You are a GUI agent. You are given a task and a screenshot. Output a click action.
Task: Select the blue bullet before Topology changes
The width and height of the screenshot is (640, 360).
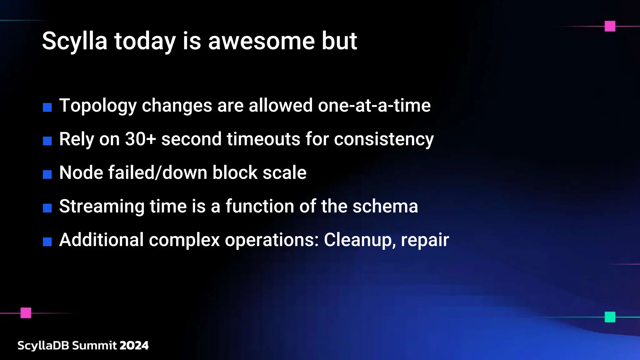click(47, 107)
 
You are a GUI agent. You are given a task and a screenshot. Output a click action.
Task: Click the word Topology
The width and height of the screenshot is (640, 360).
click(98, 106)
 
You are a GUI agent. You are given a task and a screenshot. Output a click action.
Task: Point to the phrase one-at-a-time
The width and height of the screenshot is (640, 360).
click(374, 105)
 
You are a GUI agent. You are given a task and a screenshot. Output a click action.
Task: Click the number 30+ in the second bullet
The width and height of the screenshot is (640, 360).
click(140, 139)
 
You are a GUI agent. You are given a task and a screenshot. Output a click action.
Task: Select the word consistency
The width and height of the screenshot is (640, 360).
click(384, 139)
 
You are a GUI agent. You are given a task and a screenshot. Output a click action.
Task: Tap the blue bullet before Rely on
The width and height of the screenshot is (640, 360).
click(47, 141)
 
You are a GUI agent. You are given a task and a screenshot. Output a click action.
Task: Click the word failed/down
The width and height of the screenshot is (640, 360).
click(157, 172)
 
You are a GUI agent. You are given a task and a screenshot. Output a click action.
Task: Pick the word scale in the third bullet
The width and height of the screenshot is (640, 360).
click(284, 172)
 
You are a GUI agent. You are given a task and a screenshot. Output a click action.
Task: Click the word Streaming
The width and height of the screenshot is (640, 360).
click(102, 207)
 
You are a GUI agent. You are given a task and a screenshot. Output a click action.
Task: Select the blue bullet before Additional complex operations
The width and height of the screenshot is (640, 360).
click(47, 242)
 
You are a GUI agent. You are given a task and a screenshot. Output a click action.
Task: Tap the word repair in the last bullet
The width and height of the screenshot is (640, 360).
click(425, 240)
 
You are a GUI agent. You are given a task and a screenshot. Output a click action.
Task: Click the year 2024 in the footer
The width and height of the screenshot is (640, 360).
click(134, 345)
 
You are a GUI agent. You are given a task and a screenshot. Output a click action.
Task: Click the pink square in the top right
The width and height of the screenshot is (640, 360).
click(610, 26)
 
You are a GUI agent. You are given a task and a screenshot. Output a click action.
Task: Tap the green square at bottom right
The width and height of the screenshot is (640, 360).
click(610, 317)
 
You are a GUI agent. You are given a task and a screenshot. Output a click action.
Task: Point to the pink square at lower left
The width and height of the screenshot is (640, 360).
click(26, 313)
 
